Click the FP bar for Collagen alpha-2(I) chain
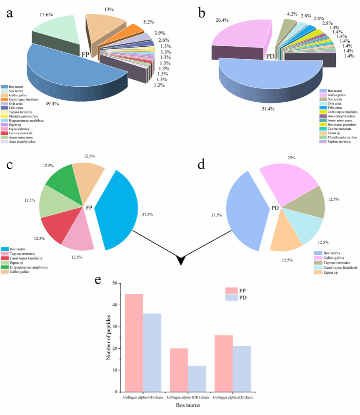pyautogui.click(x=224, y=363)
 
